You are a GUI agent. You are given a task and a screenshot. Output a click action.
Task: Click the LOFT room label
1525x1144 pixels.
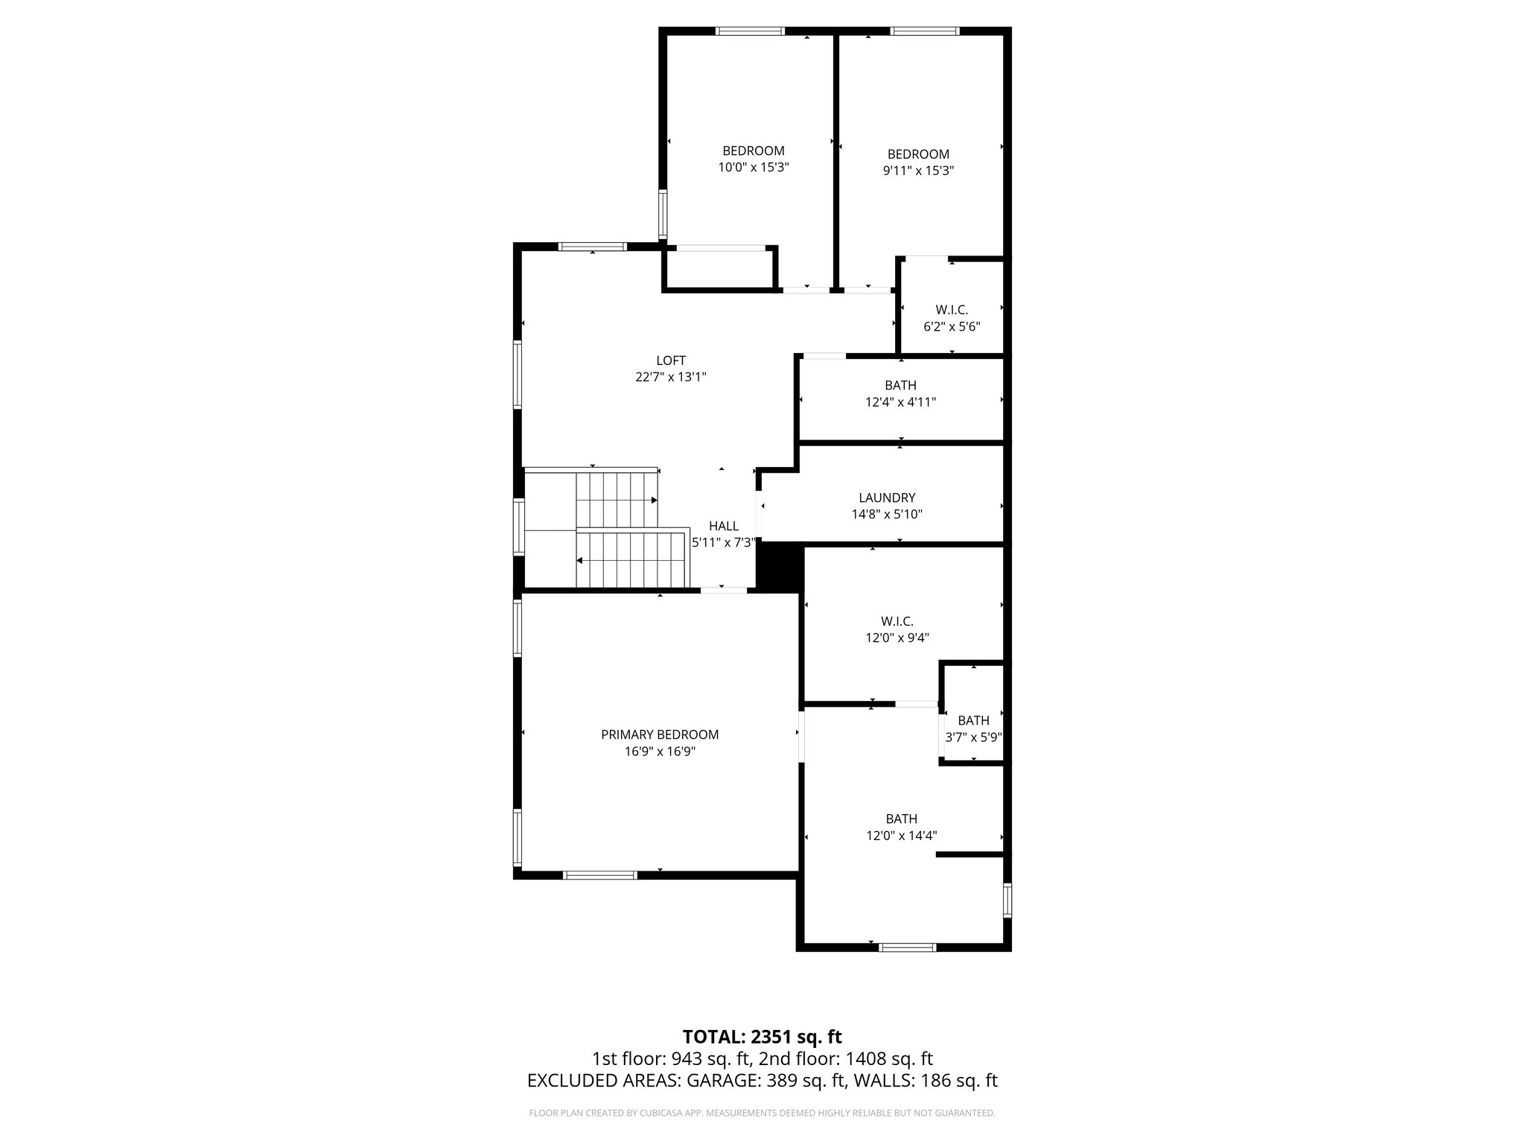(670, 360)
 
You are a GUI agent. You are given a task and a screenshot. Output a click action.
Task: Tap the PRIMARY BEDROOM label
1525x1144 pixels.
(660, 735)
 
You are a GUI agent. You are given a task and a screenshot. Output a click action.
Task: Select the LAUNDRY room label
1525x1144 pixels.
(887, 498)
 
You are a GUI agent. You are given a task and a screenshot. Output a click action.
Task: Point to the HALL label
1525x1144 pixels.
(724, 527)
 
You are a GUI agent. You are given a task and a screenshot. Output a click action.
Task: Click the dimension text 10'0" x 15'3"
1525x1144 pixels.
(753, 168)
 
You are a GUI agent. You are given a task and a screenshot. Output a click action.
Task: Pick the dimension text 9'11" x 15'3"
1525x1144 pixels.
(918, 171)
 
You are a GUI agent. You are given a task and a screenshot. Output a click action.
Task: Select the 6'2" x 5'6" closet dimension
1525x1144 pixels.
(952, 326)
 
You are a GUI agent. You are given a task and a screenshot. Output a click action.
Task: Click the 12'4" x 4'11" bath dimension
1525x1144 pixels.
(900, 402)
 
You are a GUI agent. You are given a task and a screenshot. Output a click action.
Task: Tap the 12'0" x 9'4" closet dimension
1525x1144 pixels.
(897, 638)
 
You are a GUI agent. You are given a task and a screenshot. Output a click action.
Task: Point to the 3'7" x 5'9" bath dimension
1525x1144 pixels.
(973, 737)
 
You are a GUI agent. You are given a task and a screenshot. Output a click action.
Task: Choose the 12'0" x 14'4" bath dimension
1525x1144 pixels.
(901, 836)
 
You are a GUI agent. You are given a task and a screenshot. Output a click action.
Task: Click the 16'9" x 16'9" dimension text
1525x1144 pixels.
(660, 751)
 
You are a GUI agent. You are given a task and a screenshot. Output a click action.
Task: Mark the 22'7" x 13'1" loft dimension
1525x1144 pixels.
(670, 377)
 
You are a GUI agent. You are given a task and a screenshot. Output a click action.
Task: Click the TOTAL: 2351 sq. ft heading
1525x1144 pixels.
(762, 1037)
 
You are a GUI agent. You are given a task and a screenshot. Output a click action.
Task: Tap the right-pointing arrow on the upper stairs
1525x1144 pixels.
(655, 500)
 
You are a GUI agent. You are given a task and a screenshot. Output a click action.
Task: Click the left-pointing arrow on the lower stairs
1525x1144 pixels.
(579, 561)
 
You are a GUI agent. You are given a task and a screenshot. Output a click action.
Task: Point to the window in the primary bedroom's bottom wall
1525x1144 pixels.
(600, 875)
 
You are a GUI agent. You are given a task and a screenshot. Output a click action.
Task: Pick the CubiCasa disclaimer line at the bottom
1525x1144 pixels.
(762, 1113)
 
